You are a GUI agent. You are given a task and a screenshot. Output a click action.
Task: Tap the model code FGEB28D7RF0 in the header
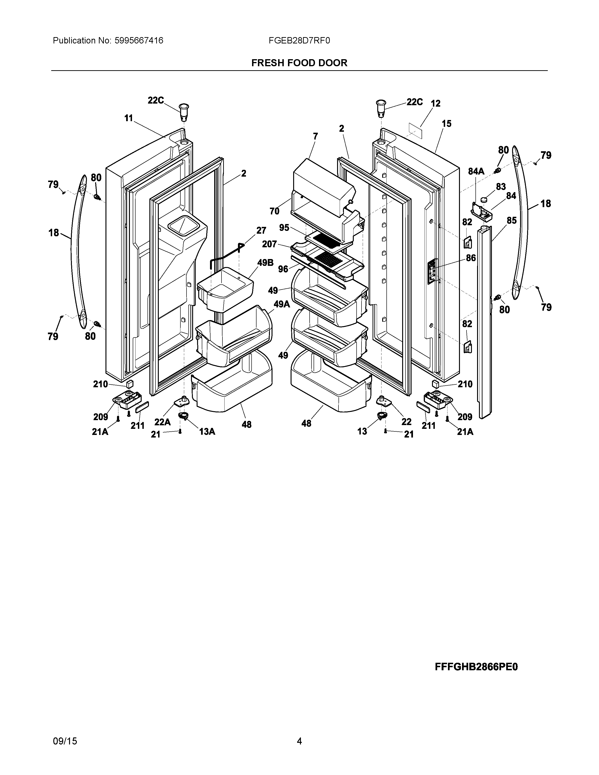click(299, 41)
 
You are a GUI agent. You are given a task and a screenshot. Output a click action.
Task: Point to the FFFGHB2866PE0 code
click(476, 667)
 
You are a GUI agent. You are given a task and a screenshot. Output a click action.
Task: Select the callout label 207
click(269, 244)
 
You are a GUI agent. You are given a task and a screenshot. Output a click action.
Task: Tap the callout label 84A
click(476, 171)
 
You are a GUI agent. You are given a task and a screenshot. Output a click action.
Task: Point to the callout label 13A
click(207, 431)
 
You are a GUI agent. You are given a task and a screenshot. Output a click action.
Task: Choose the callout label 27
click(261, 230)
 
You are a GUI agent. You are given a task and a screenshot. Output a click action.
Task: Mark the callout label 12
click(436, 103)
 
